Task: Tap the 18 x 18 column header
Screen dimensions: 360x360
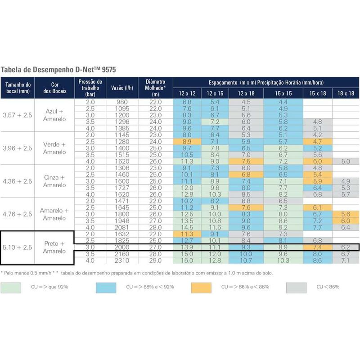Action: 345,93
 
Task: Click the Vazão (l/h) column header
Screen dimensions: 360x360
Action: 121,88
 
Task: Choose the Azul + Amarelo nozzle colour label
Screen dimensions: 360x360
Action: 54,115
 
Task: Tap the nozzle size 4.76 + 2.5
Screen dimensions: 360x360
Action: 18,214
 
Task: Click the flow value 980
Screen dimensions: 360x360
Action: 121,102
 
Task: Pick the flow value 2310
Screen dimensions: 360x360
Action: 121,260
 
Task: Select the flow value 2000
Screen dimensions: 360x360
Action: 121,247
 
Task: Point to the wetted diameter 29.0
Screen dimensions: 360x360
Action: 155,260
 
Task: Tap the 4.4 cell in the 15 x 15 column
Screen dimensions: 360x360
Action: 283,102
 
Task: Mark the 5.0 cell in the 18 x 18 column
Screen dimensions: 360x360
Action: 345,161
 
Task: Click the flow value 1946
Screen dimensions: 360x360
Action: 121,221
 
